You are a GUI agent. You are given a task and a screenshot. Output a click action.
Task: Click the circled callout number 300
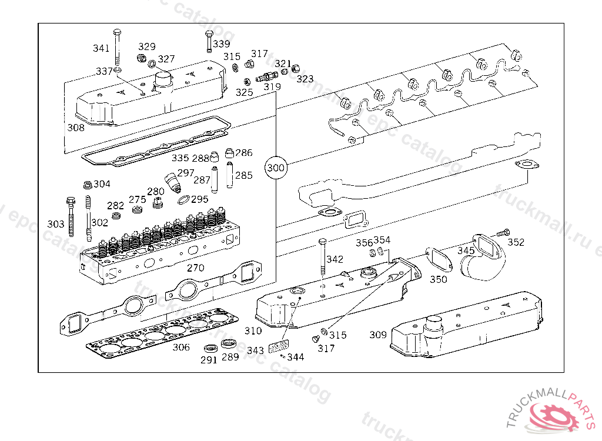click(x=276, y=168)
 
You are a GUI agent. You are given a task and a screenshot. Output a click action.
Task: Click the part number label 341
click(x=101, y=48)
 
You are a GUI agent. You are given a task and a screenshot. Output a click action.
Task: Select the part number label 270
click(x=195, y=268)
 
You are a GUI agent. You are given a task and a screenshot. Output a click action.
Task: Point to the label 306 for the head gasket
click(x=181, y=348)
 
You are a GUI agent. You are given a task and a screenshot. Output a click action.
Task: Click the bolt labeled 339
click(x=209, y=42)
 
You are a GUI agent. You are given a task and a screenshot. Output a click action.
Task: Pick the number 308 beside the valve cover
click(x=76, y=128)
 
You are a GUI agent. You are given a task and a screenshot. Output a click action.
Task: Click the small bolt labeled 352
click(x=503, y=232)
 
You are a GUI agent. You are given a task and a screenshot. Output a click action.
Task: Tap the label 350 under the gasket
click(x=438, y=279)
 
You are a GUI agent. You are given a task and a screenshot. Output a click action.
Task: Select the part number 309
click(x=378, y=335)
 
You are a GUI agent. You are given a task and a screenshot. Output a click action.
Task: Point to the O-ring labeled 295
click(x=184, y=200)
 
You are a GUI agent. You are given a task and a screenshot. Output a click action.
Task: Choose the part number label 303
click(x=56, y=224)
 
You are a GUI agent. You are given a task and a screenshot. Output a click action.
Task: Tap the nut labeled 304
click(x=88, y=185)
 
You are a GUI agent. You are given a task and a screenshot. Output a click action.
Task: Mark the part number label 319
click(x=272, y=87)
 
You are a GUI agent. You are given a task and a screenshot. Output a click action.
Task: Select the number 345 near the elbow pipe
click(x=466, y=251)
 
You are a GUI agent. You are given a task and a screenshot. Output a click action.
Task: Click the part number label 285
click(x=244, y=176)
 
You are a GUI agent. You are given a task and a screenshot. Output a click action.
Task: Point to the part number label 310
click(x=253, y=330)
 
